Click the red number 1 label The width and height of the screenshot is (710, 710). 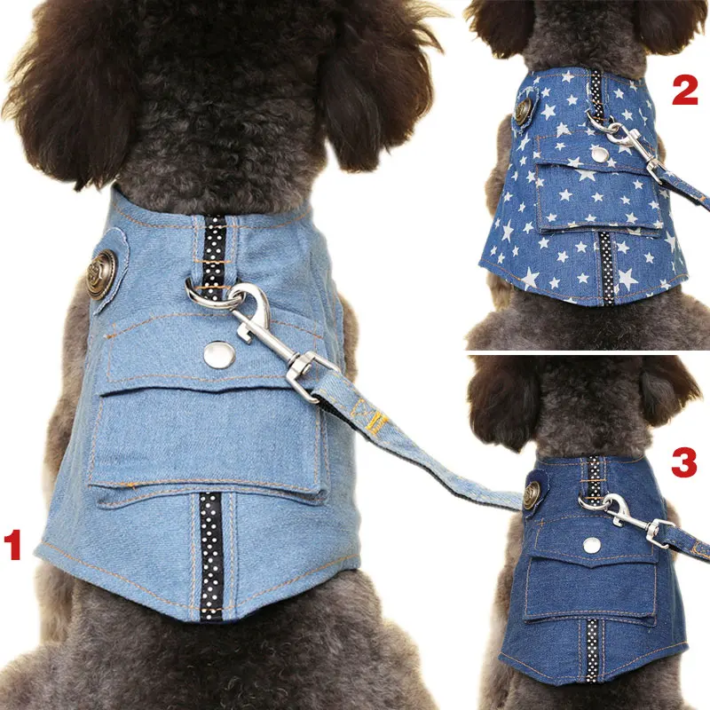(x=12, y=545)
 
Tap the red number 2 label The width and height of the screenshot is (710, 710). (x=684, y=90)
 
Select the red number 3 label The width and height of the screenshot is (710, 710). (x=684, y=462)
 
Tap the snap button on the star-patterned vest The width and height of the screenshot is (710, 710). (x=600, y=154)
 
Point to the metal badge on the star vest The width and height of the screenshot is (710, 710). (x=525, y=107)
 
